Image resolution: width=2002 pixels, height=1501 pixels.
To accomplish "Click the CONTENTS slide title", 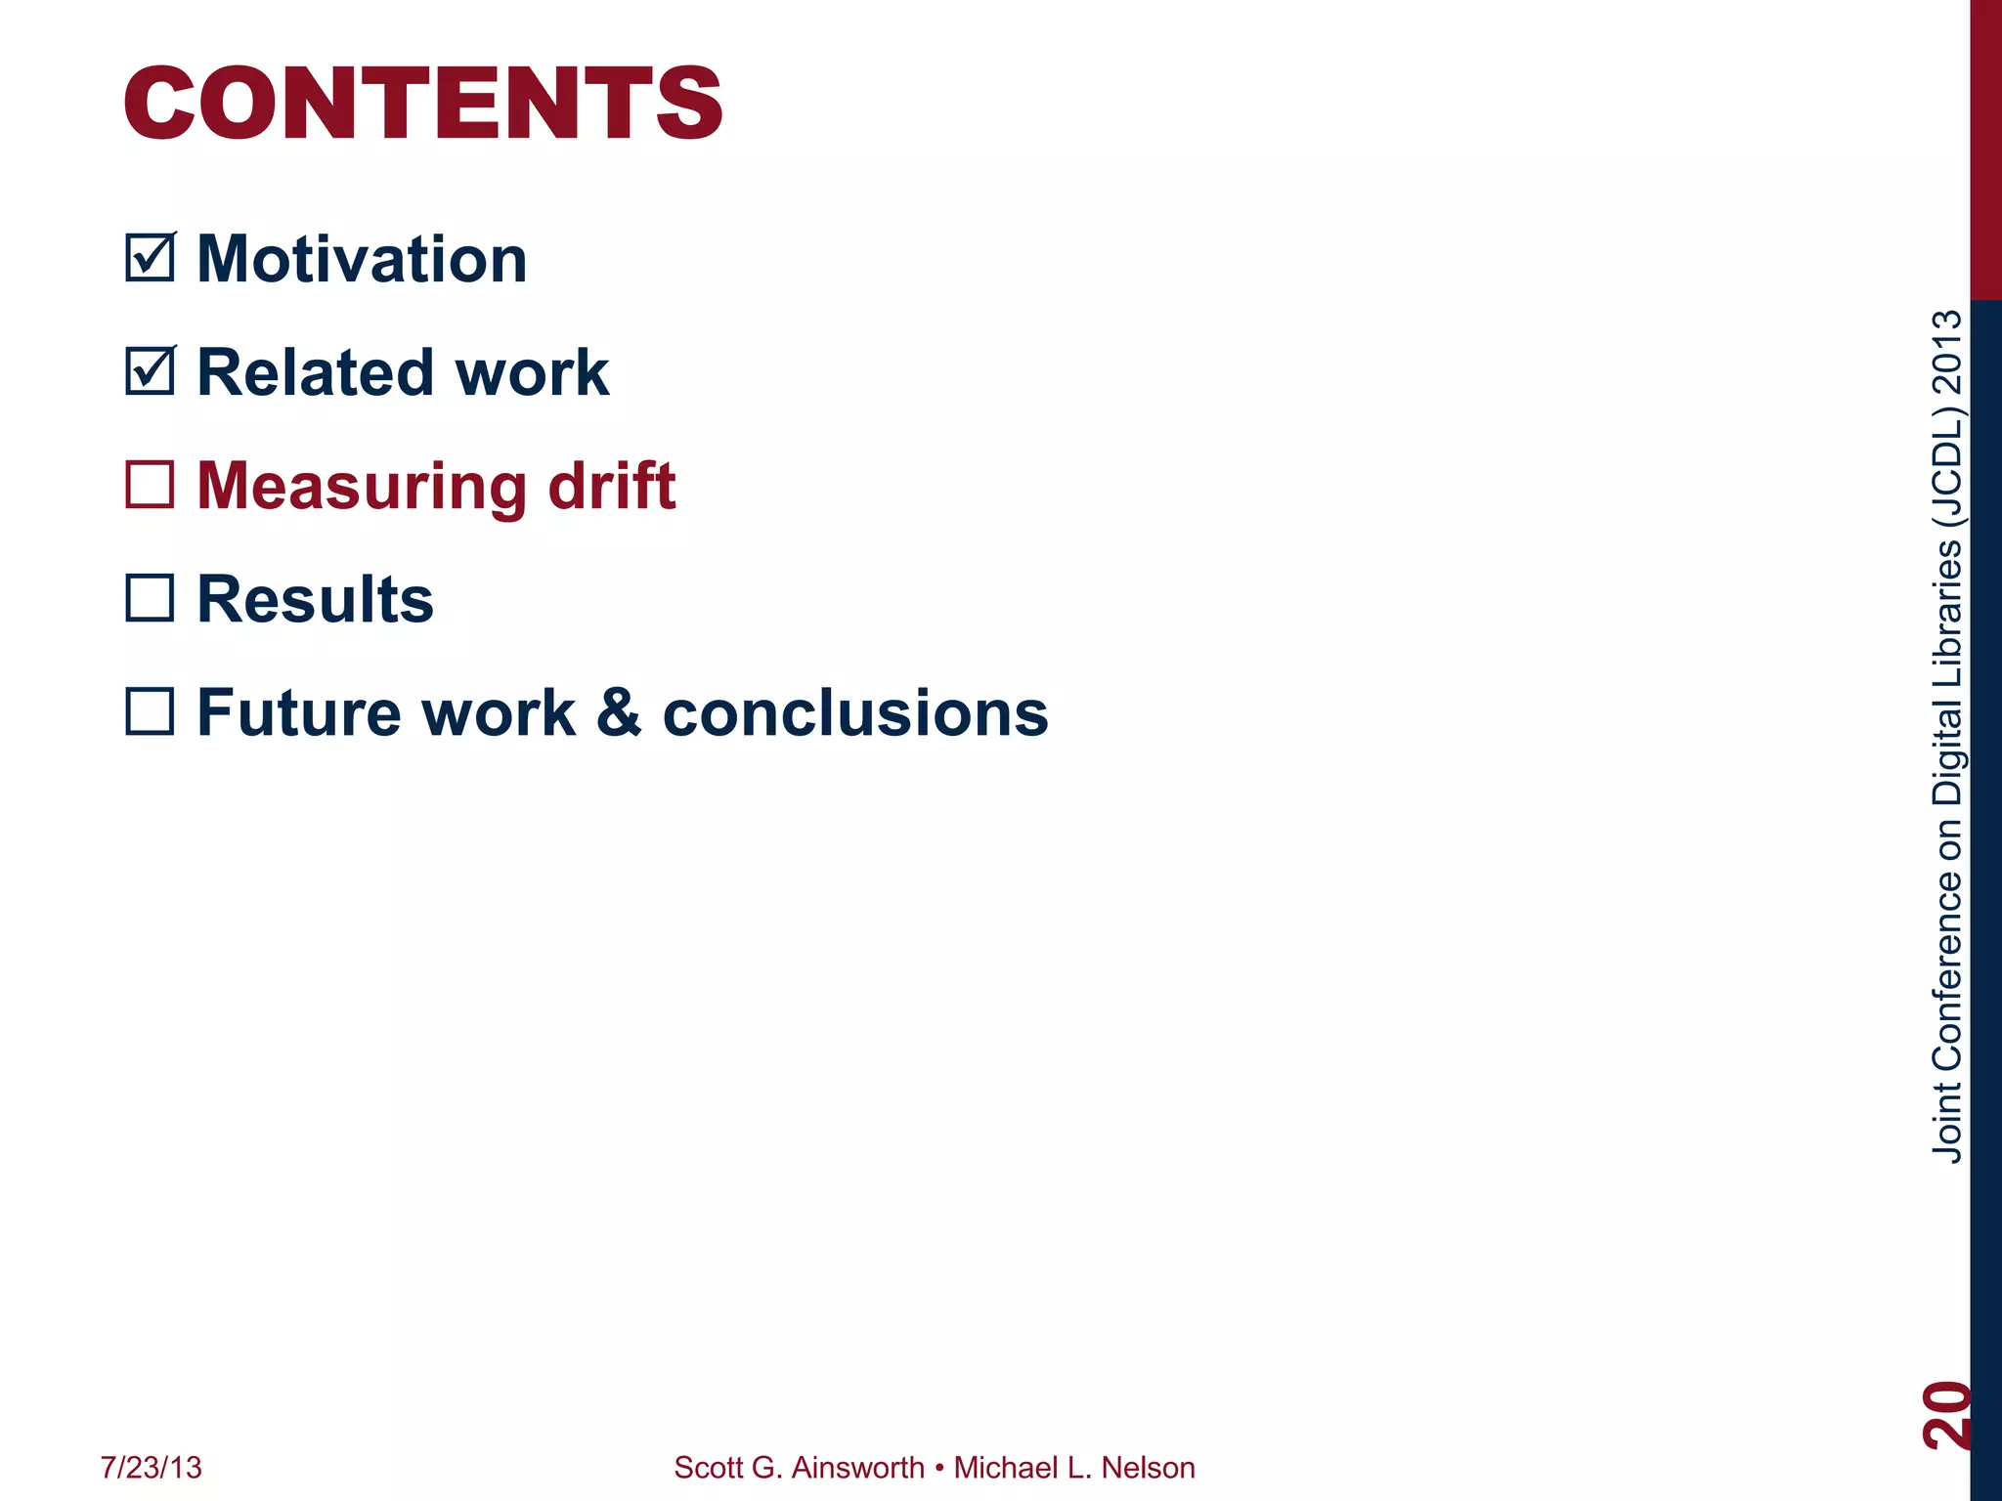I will click(422, 104).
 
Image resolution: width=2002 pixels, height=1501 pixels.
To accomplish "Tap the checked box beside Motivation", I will click(151, 258).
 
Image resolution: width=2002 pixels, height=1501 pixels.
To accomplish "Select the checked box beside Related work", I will click(151, 371).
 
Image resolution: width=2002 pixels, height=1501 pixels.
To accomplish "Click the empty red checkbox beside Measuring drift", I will click(151, 485).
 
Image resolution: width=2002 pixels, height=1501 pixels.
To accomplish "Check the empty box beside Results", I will click(151, 598).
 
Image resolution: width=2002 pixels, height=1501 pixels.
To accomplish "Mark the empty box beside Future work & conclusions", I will click(151, 711).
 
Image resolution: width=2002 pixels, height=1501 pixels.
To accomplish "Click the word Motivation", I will click(362, 260).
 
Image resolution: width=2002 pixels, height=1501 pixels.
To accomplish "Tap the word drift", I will click(612, 486).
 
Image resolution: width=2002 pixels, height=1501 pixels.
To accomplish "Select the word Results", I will click(315, 599).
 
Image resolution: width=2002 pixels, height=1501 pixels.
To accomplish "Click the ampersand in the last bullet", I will click(618, 712).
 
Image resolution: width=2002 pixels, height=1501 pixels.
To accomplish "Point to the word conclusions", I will click(855, 713).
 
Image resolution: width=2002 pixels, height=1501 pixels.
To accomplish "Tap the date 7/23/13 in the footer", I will click(151, 1468).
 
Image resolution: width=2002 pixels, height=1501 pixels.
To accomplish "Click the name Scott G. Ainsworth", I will click(799, 1468).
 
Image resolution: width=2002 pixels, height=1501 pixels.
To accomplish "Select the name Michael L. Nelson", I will click(1073, 1468).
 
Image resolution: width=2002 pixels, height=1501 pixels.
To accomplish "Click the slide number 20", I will click(1945, 1415).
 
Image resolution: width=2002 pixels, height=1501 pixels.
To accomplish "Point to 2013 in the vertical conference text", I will click(1947, 352).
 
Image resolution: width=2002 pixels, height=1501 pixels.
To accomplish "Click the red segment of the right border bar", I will click(1985, 147).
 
